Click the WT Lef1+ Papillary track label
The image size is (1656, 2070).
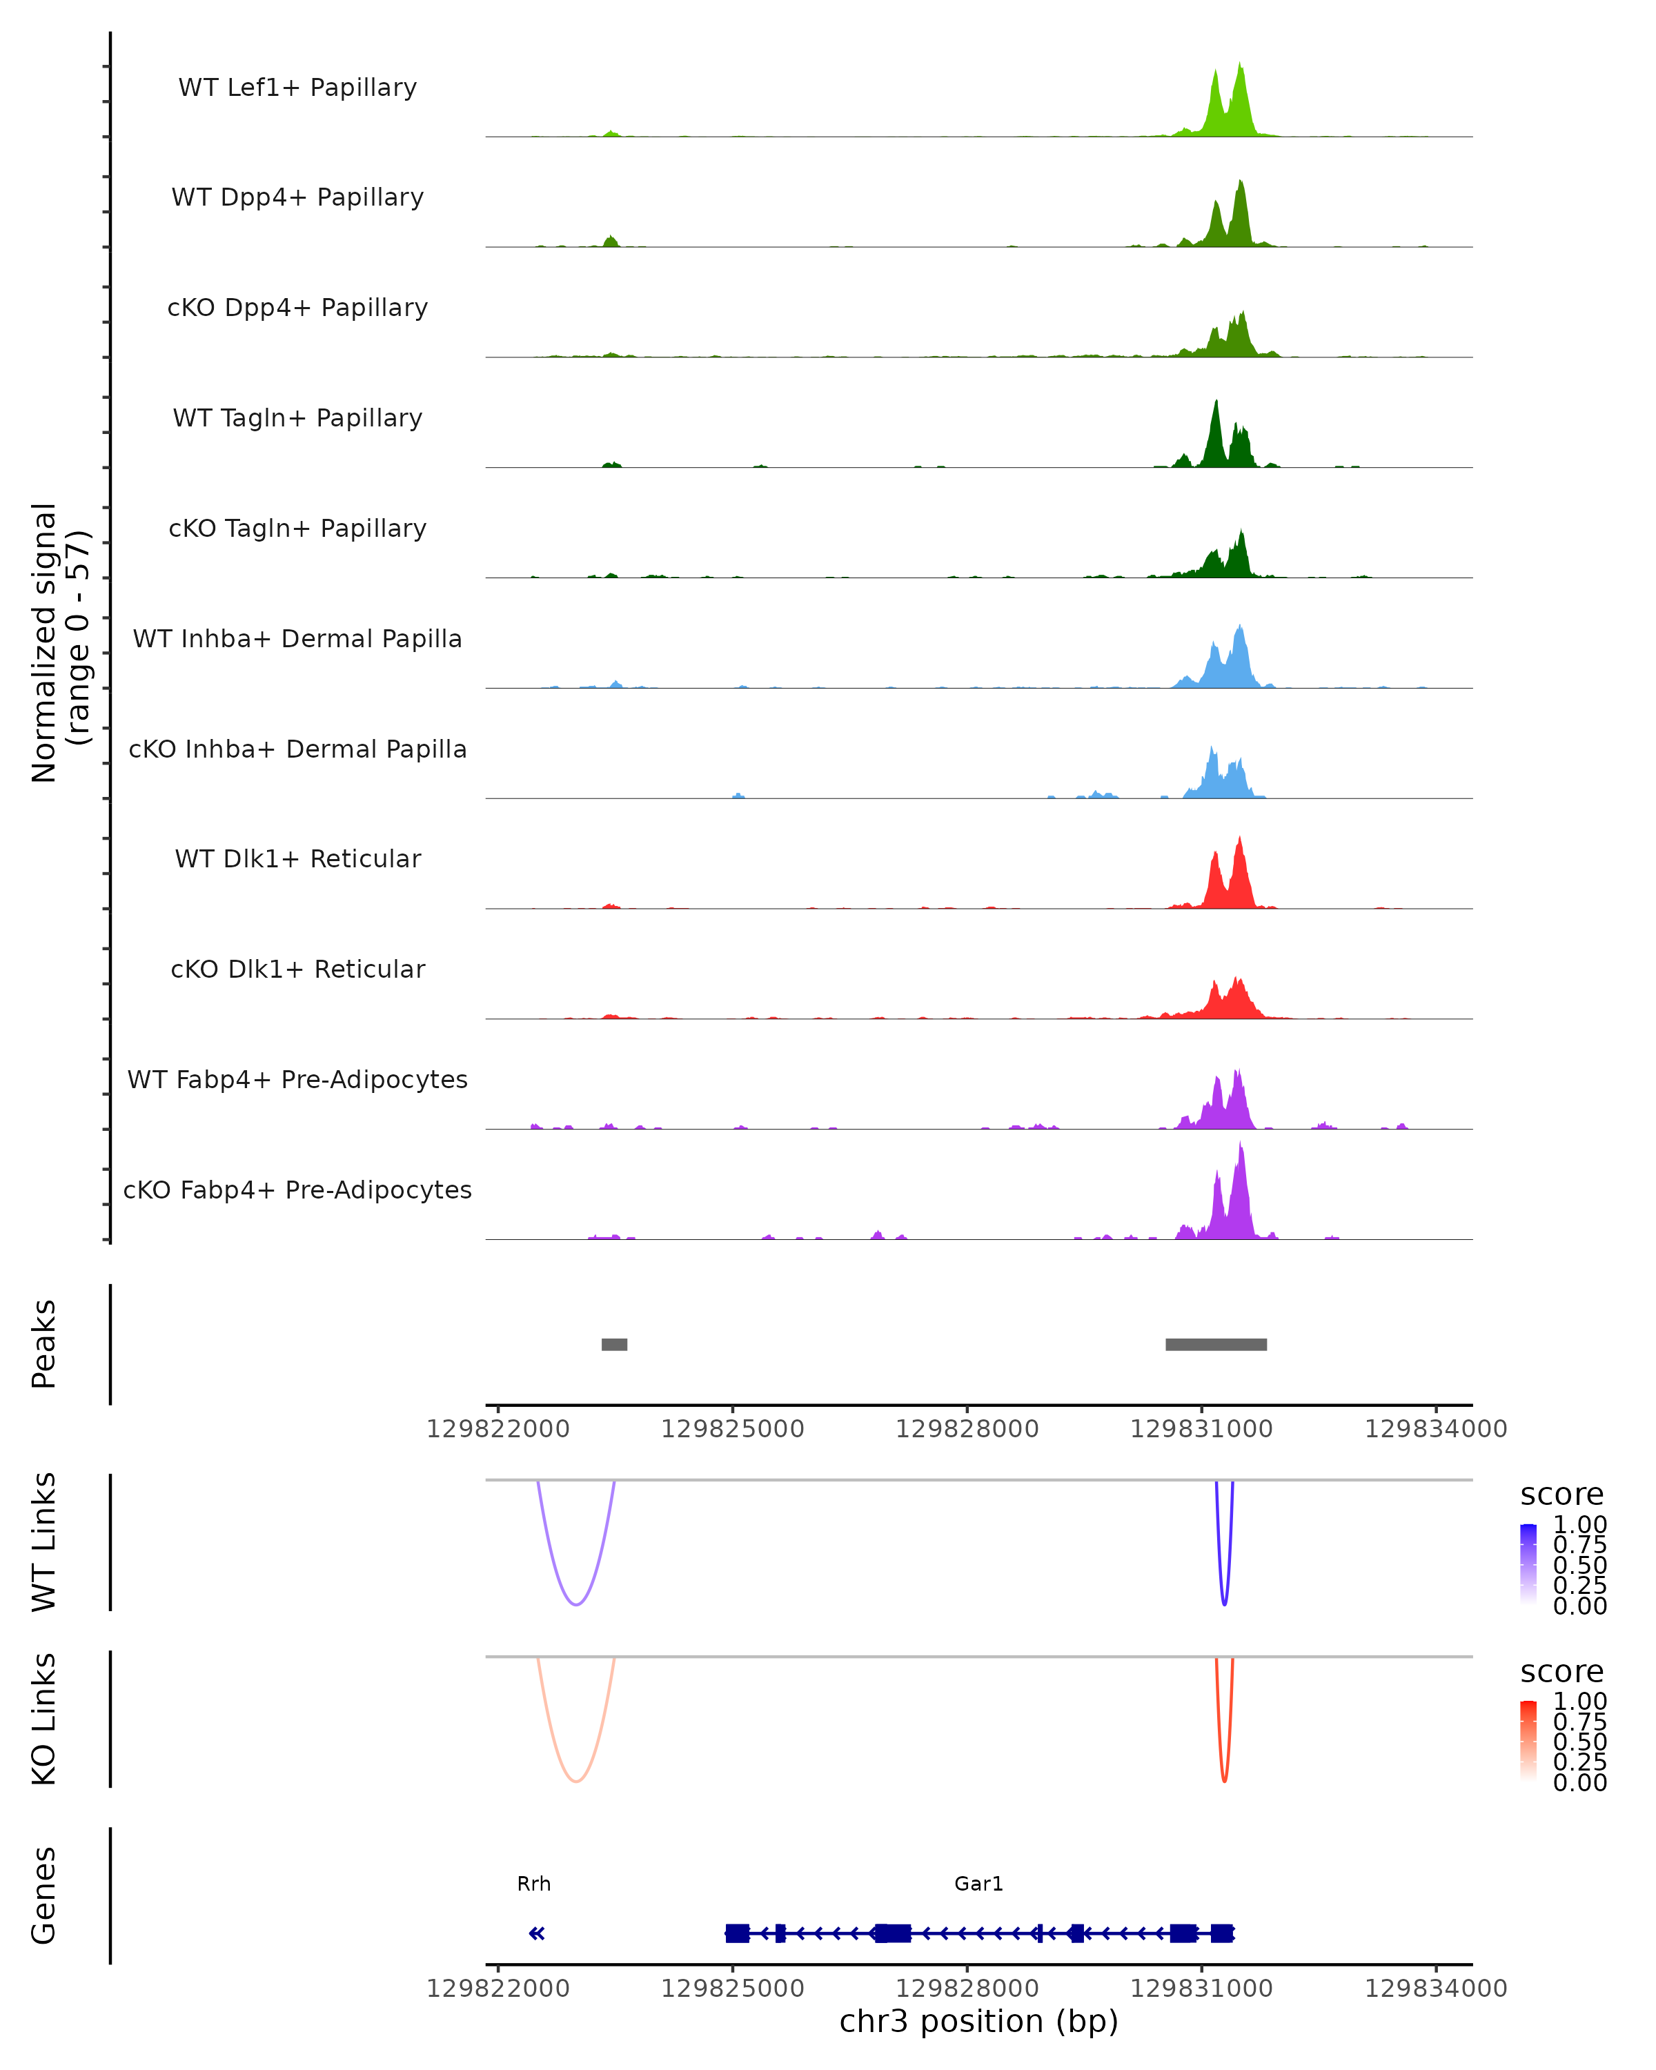pos(297,88)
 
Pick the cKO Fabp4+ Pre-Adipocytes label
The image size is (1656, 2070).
pos(297,1190)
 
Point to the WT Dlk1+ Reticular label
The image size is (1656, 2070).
pos(297,858)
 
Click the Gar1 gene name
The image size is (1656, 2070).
pos(978,1884)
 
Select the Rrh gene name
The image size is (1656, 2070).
pos(534,1884)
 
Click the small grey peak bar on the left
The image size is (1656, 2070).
pos(614,1344)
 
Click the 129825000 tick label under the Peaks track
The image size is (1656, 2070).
pos(733,1429)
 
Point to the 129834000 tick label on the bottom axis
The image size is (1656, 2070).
pos(1435,1989)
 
